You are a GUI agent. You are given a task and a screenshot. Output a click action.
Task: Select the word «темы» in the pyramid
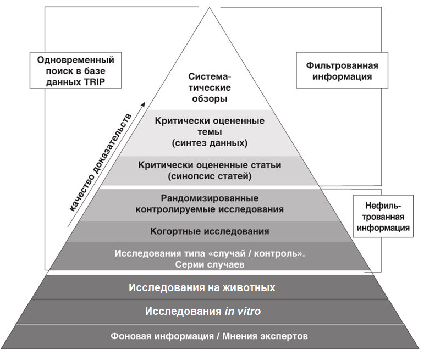209,132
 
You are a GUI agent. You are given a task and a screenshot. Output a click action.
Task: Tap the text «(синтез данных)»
209,143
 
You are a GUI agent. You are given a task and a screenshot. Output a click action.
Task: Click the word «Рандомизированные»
210,198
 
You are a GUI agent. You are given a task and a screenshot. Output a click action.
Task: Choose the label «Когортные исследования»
210,231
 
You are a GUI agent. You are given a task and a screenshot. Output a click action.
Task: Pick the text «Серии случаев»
210,264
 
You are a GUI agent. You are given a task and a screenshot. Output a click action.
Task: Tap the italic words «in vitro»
243,311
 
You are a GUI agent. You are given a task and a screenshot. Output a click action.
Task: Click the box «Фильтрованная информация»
338,71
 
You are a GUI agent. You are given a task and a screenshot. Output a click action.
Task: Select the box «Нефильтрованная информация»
382,217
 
